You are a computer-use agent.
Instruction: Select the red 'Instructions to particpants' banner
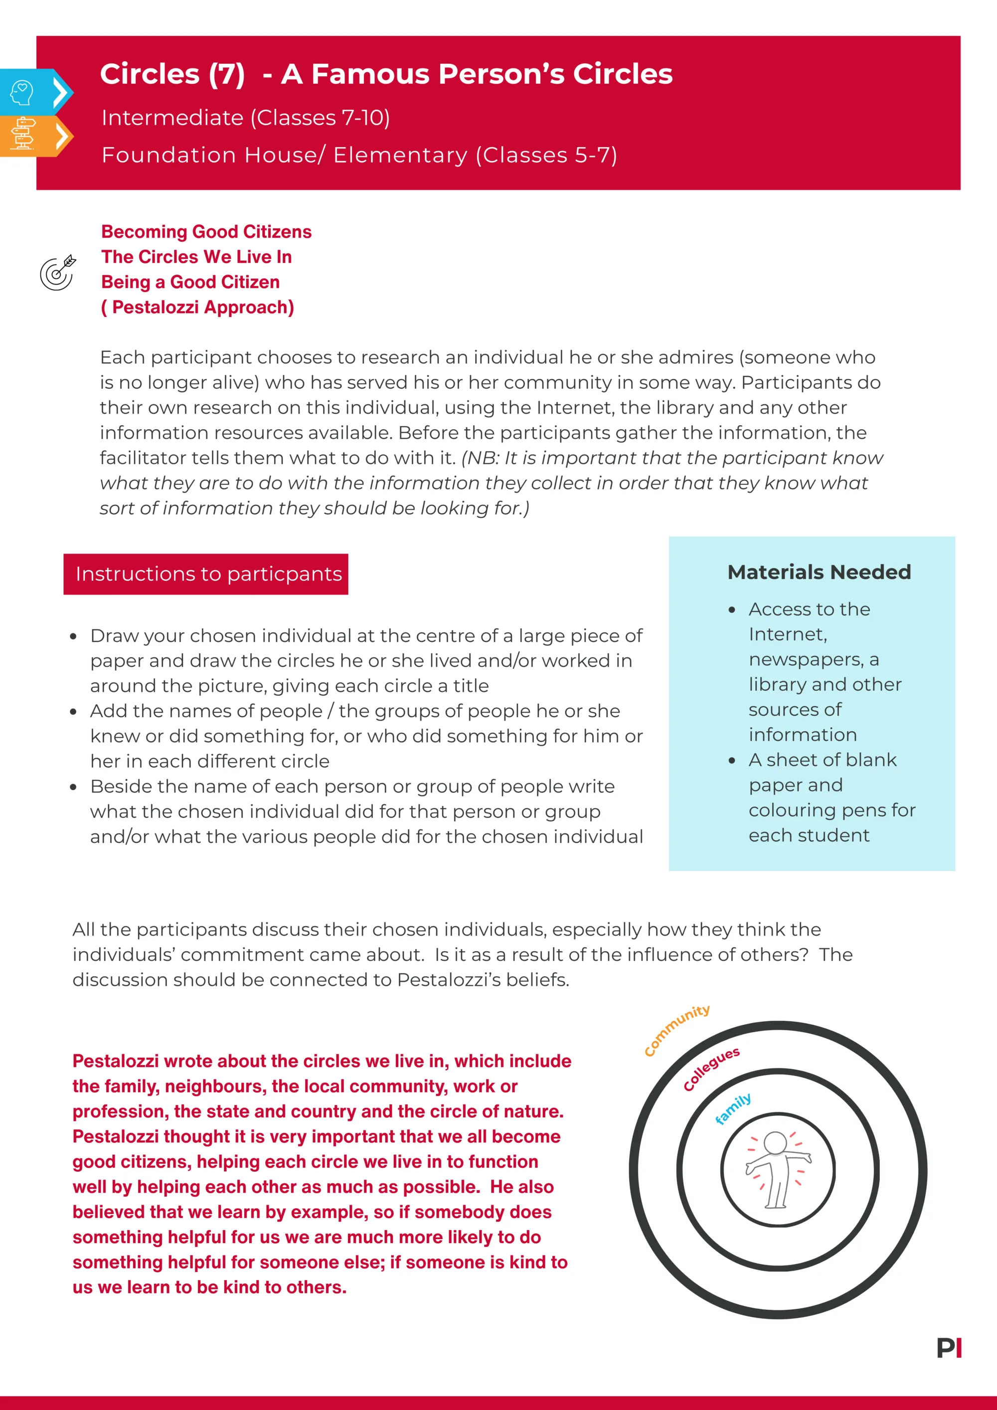click(x=206, y=574)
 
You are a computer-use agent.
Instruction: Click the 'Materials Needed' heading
click(x=819, y=572)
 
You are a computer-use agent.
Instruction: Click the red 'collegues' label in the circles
click(x=711, y=1069)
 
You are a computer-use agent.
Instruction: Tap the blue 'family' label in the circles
click(x=733, y=1109)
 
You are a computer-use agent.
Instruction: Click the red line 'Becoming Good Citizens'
click(x=206, y=232)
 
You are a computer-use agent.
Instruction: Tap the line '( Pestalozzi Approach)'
click(x=197, y=307)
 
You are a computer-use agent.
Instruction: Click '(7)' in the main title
click(x=227, y=74)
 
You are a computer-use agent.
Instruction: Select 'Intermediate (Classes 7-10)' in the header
click(x=246, y=117)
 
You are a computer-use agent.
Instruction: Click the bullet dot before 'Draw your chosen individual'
click(x=73, y=636)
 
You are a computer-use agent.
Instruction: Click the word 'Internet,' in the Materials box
click(x=788, y=634)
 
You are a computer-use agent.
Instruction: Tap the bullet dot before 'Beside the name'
click(x=73, y=787)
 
